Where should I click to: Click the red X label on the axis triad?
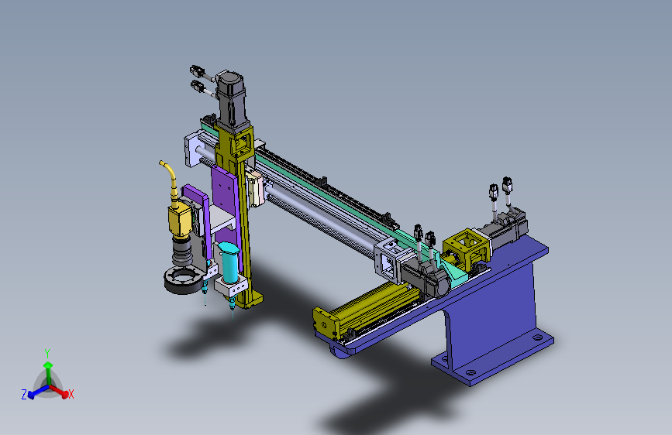pyautogui.click(x=71, y=394)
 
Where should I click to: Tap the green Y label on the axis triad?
pyautogui.click(x=47, y=354)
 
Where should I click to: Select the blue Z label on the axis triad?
pyautogui.click(x=24, y=394)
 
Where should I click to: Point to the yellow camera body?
pyautogui.click(x=179, y=220)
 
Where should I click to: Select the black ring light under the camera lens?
pyautogui.click(x=184, y=280)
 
